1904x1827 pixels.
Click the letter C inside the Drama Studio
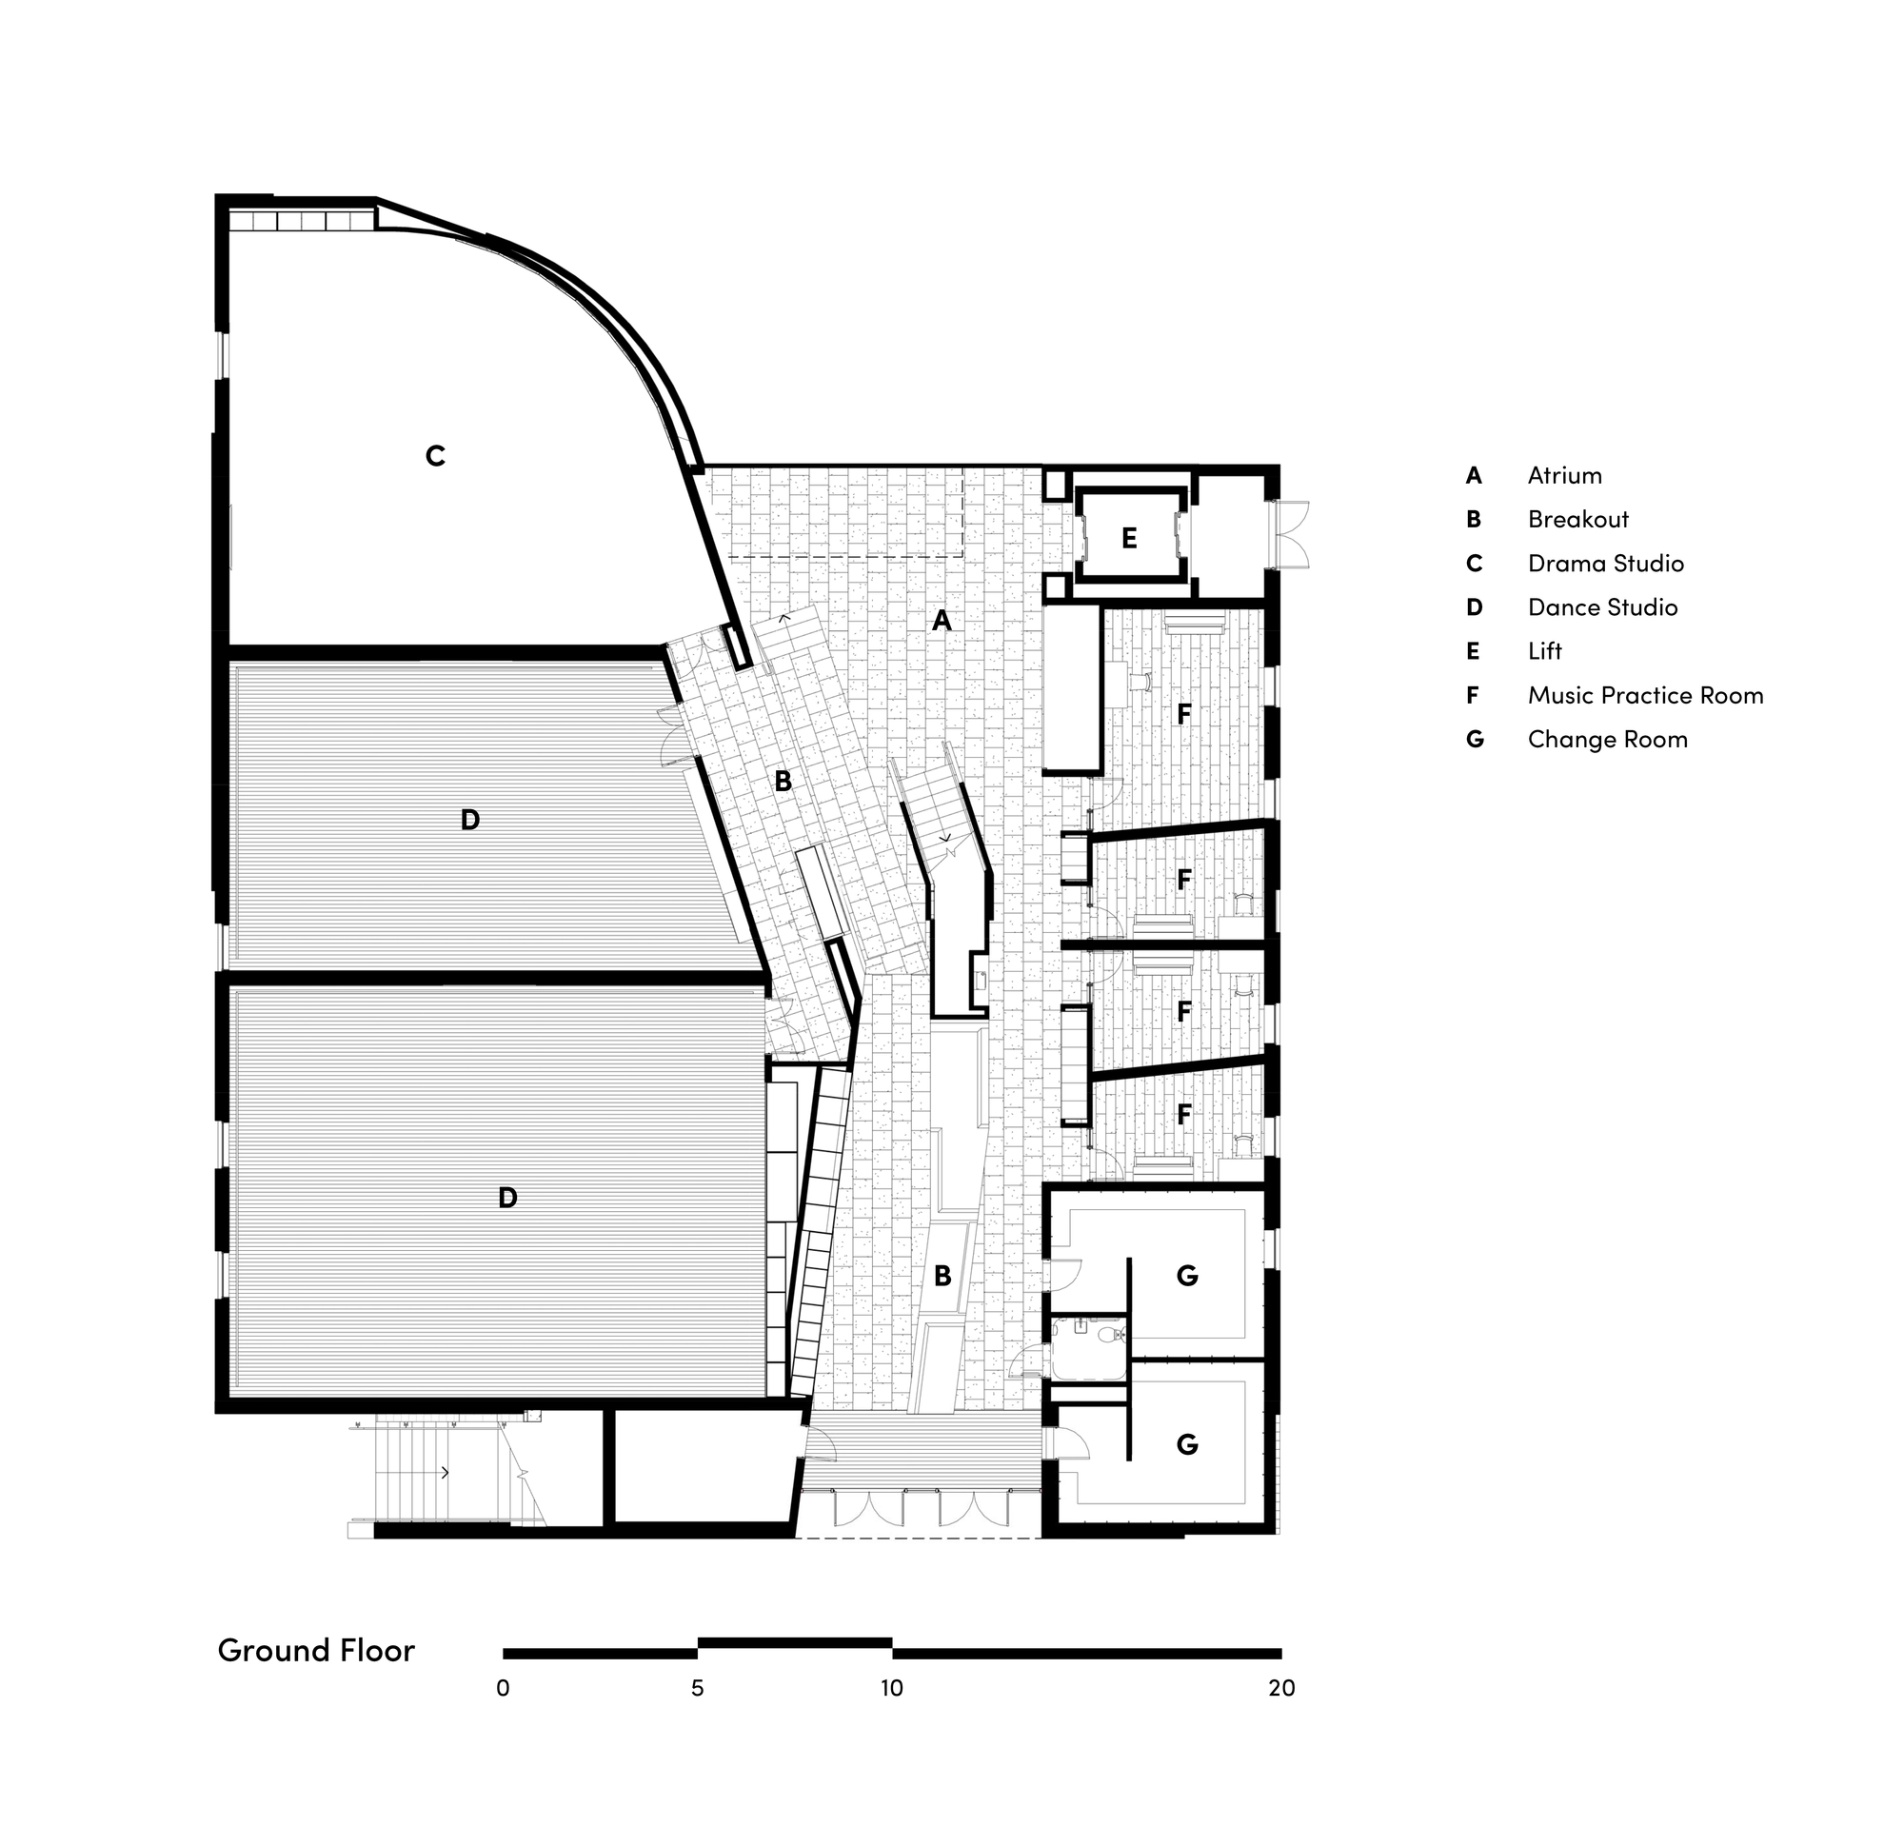click(x=435, y=455)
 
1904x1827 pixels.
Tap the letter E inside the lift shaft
click(x=1129, y=538)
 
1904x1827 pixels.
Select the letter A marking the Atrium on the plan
click(x=942, y=620)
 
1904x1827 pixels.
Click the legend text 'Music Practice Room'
click(x=1646, y=695)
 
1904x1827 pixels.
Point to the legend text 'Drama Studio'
click(x=1606, y=564)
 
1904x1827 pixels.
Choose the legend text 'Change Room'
click(x=1608, y=739)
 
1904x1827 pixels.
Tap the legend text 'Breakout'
click(x=1577, y=520)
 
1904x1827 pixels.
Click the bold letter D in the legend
click(x=1475, y=607)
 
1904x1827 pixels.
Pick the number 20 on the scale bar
click(x=1281, y=1688)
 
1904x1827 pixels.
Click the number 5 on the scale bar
click(x=698, y=1688)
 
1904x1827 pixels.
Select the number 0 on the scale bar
click(x=503, y=1688)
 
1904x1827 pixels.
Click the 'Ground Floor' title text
click(x=316, y=1650)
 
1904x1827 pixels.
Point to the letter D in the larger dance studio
click(x=507, y=1198)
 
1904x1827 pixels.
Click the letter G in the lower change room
click(x=1187, y=1444)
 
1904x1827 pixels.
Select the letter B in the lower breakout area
click(x=942, y=1276)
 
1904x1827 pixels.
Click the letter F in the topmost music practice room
click(x=1183, y=714)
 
